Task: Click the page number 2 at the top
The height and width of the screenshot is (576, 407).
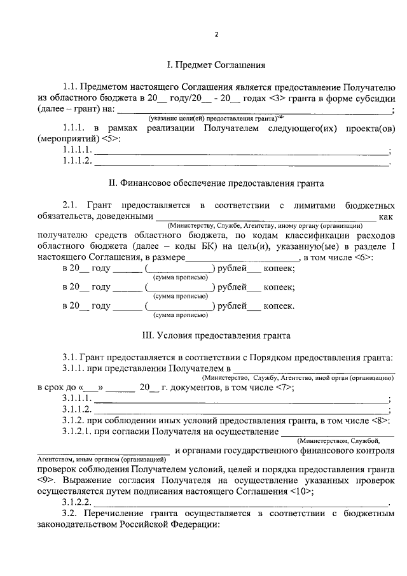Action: pos(216,35)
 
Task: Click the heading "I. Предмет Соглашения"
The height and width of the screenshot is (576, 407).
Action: pos(216,65)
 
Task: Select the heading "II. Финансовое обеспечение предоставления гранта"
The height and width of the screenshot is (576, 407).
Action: pos(216,183)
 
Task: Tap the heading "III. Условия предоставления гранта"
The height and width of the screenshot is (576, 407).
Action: pos(216,334)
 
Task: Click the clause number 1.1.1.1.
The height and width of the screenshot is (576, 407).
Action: pos(77,150)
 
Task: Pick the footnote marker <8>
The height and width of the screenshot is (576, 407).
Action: pos(379,421)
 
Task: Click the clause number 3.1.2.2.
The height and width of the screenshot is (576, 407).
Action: pos(77,503)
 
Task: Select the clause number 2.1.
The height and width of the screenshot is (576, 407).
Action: pos(70,205)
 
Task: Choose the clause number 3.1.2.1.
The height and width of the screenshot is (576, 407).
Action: pos(77,433)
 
